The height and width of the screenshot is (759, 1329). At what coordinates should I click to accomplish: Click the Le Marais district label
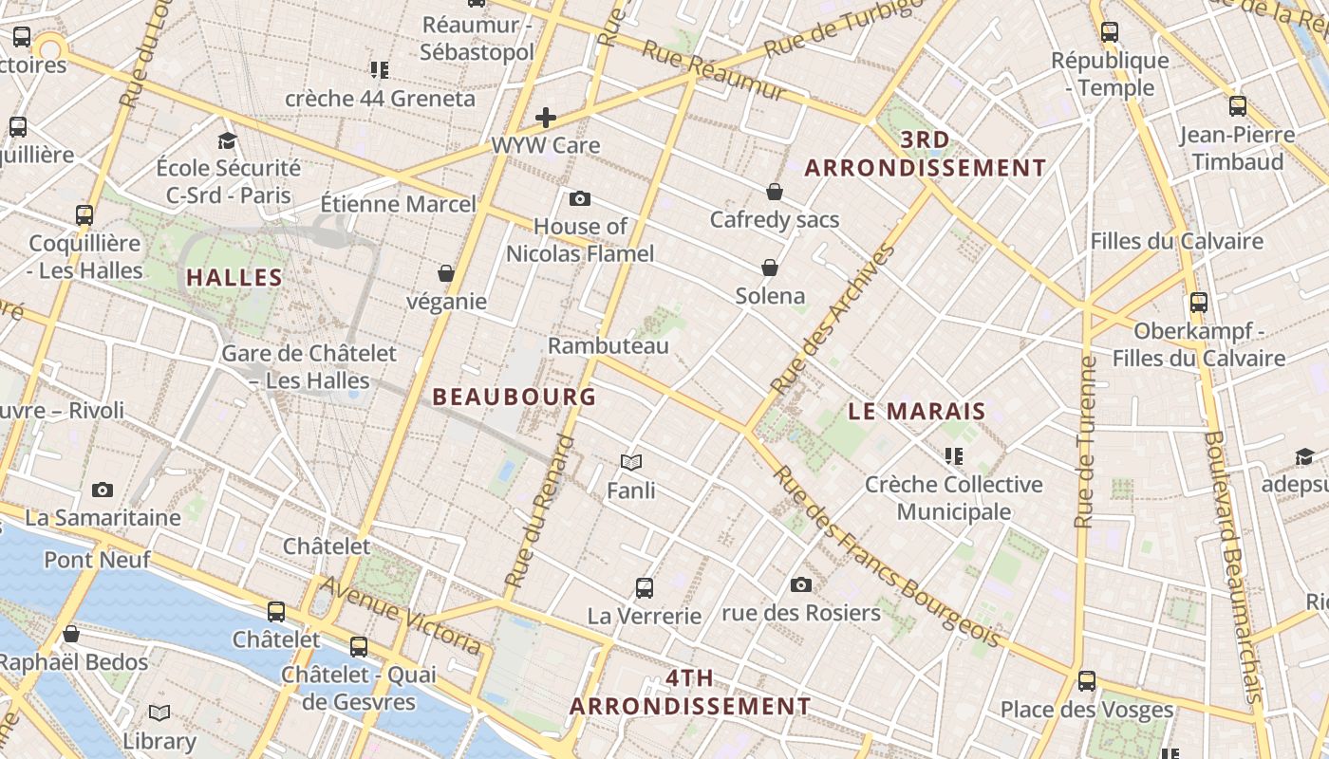tap(916, 412)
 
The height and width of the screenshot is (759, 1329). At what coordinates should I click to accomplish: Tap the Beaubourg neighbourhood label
tap(515, 397)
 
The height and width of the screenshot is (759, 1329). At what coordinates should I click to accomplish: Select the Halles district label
tap(234, 278)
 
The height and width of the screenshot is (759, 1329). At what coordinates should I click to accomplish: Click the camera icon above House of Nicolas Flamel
tap(579, 198)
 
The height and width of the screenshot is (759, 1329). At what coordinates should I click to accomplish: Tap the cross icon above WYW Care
tap(546, 118)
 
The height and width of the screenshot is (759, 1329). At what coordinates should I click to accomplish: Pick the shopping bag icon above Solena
tap(769, 268)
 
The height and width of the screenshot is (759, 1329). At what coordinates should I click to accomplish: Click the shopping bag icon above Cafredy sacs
tap(775, 192)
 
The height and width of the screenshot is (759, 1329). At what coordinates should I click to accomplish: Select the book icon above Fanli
tap(631, 462)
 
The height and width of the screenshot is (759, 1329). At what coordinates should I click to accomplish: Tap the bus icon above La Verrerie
tap(645, 587)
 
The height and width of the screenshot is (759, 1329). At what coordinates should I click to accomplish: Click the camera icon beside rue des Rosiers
tap(801, 584)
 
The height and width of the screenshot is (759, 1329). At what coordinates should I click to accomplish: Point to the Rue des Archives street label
tap(833, 320)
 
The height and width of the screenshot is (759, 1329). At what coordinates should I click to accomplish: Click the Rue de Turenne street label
tap(1085, 442)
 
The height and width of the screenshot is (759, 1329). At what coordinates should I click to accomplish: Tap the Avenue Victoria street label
tap(400, 615)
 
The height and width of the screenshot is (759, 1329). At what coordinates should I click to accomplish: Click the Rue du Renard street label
tap(539, 511)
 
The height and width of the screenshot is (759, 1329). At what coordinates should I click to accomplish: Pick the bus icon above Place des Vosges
tap(1087, 680)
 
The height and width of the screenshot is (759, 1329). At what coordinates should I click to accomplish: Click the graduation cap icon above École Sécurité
tap(227, 141)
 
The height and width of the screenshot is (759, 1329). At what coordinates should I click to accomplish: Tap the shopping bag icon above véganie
tap(445, 273)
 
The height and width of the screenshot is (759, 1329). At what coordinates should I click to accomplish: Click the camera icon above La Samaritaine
tap(103, 490)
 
